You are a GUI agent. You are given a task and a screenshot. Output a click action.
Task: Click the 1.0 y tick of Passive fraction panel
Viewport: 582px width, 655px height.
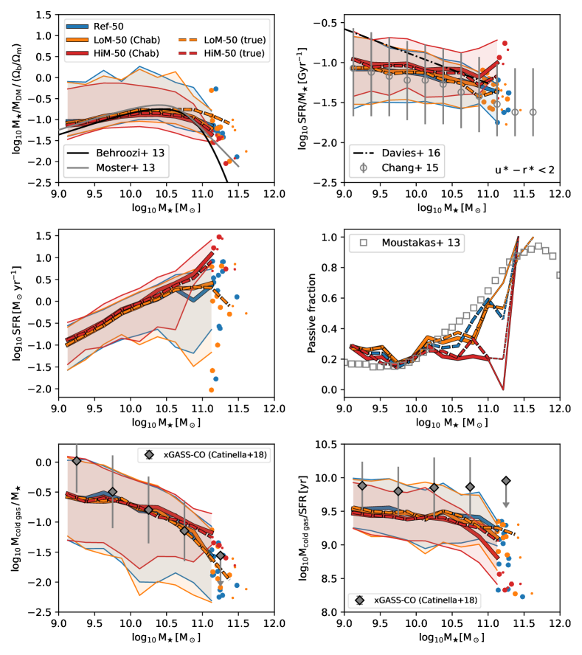(x=329, y=238)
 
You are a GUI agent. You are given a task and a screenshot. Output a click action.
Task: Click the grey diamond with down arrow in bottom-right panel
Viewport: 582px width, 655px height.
(x=506, y=481)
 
